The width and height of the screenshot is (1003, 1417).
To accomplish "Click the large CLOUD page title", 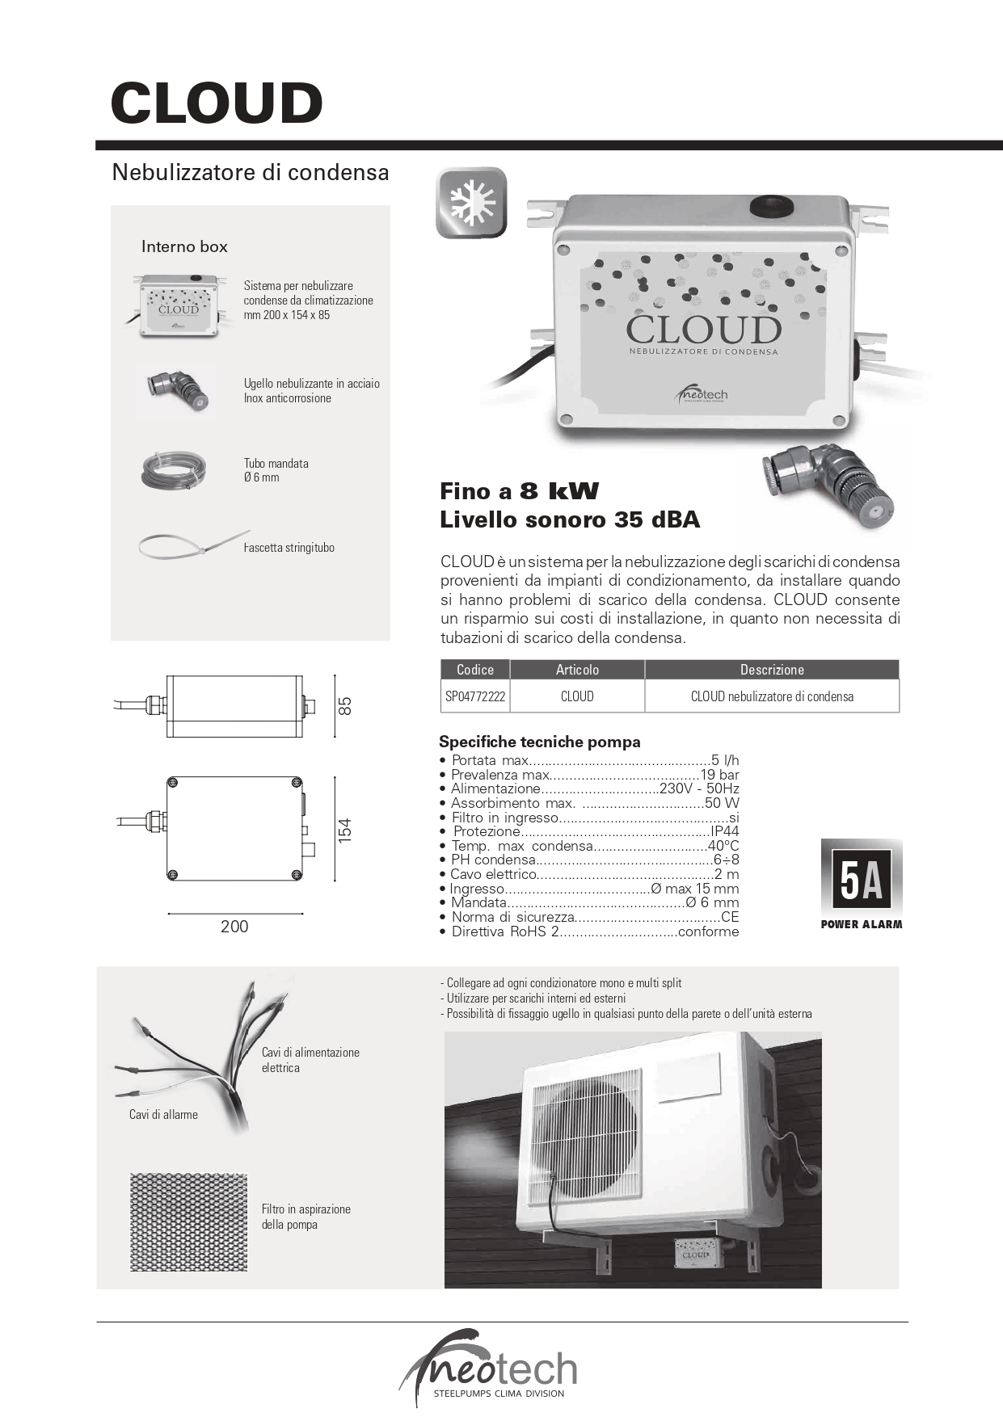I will point(217,103).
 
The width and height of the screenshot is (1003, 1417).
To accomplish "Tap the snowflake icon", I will point(471,203).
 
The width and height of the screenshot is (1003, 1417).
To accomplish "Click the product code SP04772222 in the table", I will point(475,696).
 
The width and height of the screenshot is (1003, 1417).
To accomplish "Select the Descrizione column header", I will point(772,670).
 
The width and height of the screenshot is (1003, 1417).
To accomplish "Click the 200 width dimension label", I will point(234,927).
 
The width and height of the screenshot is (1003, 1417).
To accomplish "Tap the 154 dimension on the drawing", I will point(345,830).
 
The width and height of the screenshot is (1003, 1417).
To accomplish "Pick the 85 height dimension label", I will point(345,705).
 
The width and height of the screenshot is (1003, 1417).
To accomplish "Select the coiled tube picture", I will point(173,471).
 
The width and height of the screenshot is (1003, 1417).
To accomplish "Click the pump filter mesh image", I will point(188,1222).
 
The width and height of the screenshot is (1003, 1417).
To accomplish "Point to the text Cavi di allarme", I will point(163,1115).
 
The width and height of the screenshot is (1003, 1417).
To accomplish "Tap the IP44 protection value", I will point(724,831).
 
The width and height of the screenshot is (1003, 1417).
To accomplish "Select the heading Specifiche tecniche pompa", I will point(539,742).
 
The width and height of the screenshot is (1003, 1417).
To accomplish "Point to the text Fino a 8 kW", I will point(519,491).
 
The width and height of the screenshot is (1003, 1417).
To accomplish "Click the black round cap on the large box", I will point(771,205).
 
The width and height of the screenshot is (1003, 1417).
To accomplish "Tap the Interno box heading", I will point(184,246).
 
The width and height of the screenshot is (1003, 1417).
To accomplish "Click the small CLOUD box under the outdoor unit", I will point(695,1254).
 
